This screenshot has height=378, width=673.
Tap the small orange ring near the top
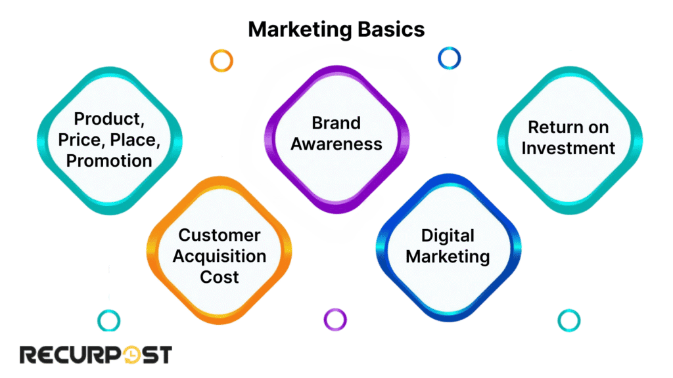(221, 60)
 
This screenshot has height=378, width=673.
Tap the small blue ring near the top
(450, 58)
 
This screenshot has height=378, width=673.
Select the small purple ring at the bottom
(335, 320)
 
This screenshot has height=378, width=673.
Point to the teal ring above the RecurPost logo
(108, 320)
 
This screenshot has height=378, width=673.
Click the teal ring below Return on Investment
(569, 320)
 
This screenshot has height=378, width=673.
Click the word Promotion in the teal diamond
(109, 160)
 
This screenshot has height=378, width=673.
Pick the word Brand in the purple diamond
(336, 123)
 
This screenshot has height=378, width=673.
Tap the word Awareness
(336, 144)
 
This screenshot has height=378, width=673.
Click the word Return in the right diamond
(569, 127)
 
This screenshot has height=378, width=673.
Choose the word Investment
(569, 148)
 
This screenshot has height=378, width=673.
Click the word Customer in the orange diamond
(220, 236)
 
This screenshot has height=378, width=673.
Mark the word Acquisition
(220, 256)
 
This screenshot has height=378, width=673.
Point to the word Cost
(220, 276)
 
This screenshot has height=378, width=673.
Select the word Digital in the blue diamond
(448, 236)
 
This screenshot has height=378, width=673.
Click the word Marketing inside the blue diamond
(448, 256)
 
